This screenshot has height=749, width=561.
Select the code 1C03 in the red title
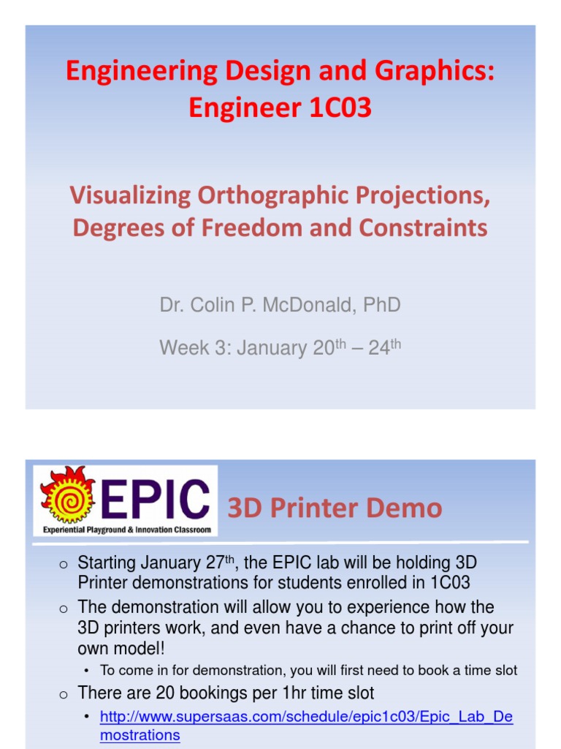pyautogui.click(x=340, y=108)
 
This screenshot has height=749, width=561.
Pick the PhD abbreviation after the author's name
pyautogui.click(x=381, y=304)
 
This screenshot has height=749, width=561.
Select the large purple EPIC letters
pyautogui.click(x=156, y=500)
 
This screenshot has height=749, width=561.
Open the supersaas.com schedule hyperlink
pyautogui.click(x=306, y=718)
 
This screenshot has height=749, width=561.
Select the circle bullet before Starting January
pyautogui.click(x=64, y=565)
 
